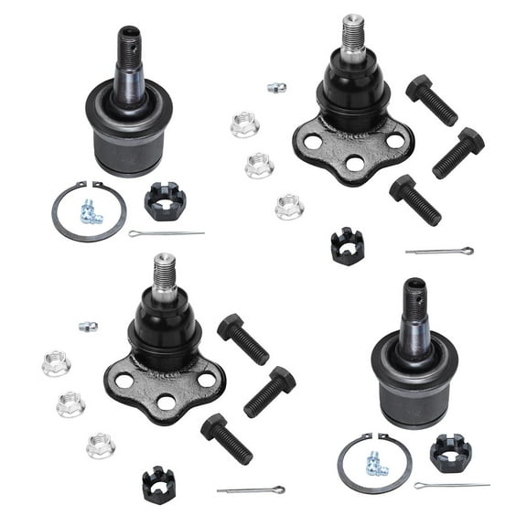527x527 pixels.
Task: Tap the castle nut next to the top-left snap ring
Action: point(165,201)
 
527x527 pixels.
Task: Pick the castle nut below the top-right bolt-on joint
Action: point(348,246)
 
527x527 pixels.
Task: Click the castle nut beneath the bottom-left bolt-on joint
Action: point(157,484)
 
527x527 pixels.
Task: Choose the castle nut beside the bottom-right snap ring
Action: point(450,453)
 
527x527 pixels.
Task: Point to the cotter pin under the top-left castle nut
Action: point(166,233)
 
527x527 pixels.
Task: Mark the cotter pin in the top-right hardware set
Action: point(439,251)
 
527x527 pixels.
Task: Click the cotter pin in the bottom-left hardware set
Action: point(251,489)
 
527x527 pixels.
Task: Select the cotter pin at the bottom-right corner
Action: point(451,485)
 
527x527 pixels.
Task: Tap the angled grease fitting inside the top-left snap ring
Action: point(89,212)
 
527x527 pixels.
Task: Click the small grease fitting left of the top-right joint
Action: point(275,88)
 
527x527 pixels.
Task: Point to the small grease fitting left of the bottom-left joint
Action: point(88,327)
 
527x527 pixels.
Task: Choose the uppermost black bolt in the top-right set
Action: point(432,100)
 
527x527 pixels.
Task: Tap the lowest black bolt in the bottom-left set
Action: point(226,438)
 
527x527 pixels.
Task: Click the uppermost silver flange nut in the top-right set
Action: point(244,124)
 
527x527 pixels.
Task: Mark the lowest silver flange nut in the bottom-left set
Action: point(101,446)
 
